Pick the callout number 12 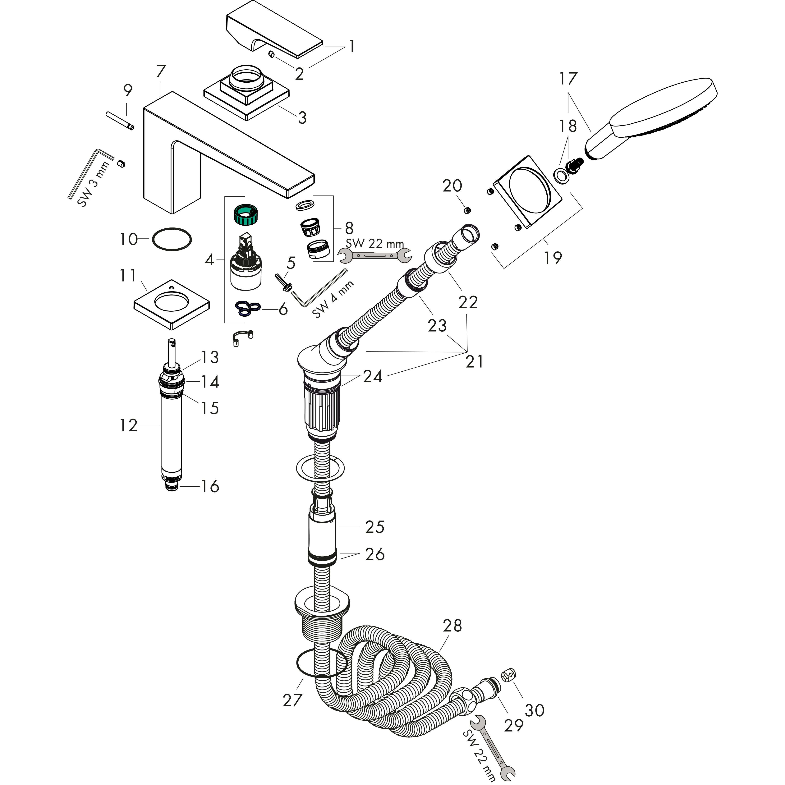pos(128,425)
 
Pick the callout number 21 pos(474,361)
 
